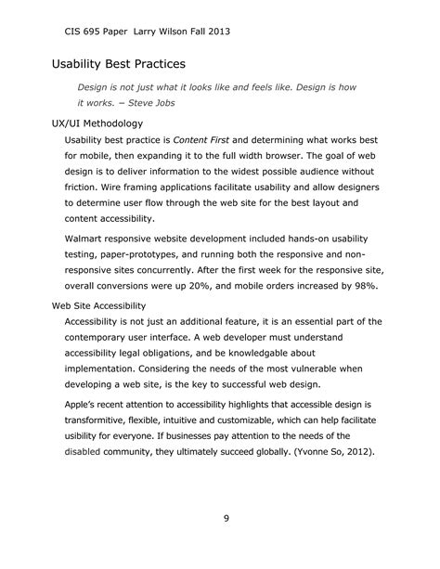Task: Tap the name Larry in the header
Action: [145, 31]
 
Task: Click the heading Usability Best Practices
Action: [118, 65]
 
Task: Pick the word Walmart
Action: [88, 239]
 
